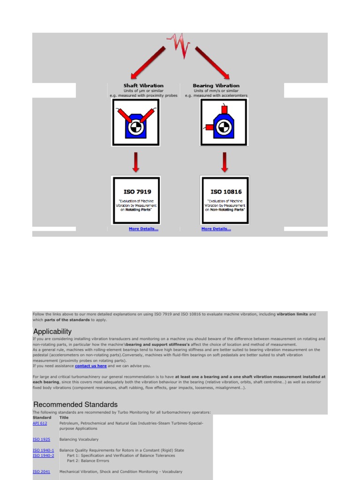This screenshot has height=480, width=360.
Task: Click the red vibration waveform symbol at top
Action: pyautogui.click(x=180, y=45)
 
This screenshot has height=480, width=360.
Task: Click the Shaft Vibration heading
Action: pyautogui.click(x=143, y=86)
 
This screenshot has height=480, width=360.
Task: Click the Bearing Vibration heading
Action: pyautogui.click(x=216, y=86)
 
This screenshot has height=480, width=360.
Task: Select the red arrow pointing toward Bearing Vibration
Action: pyautogui.click(x=212, y=62)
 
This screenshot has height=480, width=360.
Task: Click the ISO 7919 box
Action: pyautogui.click(x=136, y=200)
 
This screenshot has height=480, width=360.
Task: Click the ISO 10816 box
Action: pyautogui.click(x=225, y=200)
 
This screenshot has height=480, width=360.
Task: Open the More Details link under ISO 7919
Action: pyautogui.click(x=143, y=229)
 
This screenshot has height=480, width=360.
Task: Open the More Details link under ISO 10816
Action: pyautogui.click(x=216, y=229)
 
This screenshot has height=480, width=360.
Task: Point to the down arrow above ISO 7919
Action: pyautogui.click(x=135, y=162)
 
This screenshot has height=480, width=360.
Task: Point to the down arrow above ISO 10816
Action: pyautogui.click(x=225, y=162)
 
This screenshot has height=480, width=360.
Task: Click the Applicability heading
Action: pyautogui.click(x=52, y=331)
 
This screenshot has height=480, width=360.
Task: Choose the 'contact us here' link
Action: pyautogui.click(x=91, y=366)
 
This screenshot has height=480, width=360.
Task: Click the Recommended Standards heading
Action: pyautogui.click(x=75, y=404)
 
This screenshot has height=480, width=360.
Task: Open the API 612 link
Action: pyautogui.click(x=40, y=423)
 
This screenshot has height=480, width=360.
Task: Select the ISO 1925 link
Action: pyautogui.click(x=41, y=440)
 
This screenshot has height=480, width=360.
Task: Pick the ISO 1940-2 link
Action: pyautogui.click(x=43, y=456)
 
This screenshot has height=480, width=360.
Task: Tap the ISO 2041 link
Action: pyautogui.click(x=41, y=472)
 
